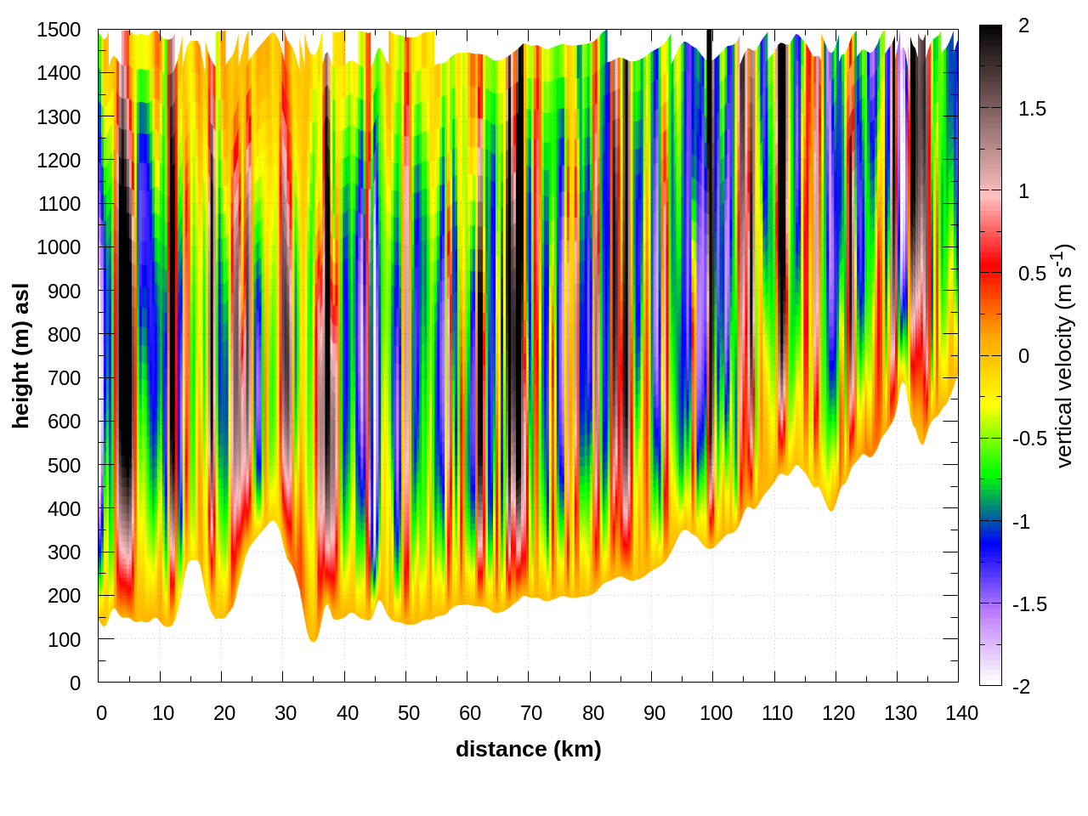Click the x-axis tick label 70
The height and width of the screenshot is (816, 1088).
point(531,713)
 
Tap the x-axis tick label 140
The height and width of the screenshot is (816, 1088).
point(961,713)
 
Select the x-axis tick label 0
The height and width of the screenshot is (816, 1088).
point(102,713)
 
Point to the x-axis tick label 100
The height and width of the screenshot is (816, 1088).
point(716,713)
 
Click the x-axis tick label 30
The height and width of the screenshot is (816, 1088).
point(286,713)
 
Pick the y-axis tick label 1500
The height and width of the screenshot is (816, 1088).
point(59,30)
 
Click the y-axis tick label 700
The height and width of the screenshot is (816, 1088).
point(64,378)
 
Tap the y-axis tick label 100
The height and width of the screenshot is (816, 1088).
point(64,640)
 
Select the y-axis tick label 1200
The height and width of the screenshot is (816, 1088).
point(59,161)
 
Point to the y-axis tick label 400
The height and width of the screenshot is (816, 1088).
point(64,509)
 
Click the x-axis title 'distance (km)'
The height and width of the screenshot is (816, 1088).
point(528,749)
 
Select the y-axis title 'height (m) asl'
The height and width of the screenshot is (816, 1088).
point(21,356)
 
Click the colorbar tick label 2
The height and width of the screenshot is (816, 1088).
point(1023,26)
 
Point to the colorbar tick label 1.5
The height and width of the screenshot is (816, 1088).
point(1032,109)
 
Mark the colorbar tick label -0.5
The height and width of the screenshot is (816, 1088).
point(1028,439)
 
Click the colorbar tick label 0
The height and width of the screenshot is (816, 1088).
point(1023,356)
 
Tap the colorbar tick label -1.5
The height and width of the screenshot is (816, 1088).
point(1028,604)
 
